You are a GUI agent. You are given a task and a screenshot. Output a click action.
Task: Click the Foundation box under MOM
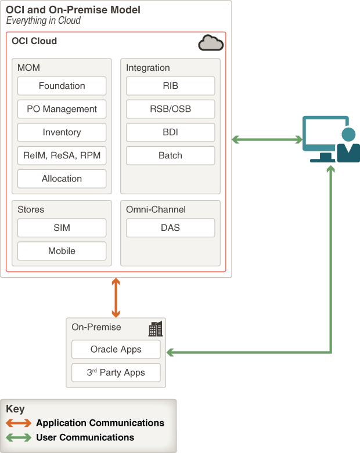62,86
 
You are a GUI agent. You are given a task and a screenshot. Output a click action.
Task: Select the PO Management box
62,109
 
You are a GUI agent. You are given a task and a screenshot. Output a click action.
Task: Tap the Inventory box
62,132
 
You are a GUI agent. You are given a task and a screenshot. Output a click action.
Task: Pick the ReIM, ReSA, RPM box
62,155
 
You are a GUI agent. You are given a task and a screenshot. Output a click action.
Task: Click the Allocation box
62,179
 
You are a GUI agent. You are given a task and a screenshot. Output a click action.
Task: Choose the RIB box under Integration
170,86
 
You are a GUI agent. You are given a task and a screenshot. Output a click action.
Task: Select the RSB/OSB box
170,109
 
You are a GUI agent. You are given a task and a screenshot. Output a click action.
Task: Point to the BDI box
170,132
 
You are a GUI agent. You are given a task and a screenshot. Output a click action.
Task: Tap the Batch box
170,155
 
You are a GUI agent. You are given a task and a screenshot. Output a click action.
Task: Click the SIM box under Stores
62,228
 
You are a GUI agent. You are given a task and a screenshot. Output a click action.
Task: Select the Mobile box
62,251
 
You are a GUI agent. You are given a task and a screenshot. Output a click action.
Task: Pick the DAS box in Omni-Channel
170,228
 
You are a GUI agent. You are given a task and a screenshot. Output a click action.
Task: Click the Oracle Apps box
116,350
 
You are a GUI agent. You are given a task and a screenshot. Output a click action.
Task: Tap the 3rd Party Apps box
116,372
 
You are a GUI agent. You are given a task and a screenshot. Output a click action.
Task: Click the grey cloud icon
210,43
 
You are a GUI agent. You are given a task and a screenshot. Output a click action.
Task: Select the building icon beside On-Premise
155,329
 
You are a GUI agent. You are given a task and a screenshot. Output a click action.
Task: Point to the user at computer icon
331,140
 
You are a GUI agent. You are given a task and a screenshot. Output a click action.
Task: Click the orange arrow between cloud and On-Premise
116,298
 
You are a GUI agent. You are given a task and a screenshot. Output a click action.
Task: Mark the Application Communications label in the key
100,423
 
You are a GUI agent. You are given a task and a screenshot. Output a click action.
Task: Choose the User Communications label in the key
85,437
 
